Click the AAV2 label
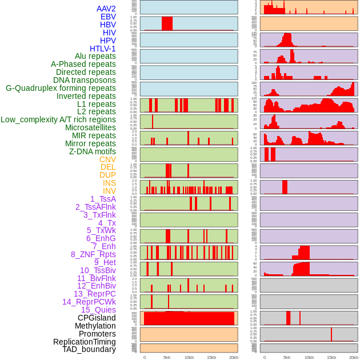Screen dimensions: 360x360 [106, 9]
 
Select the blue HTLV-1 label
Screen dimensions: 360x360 [102, 49]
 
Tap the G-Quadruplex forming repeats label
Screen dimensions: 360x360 [61, 88]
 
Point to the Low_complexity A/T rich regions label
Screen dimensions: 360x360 [58, 119]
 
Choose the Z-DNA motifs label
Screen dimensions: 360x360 [92, 151]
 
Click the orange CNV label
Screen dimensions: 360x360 [107, 159]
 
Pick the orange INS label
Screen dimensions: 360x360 [109, 183]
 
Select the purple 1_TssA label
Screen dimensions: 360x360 [103, 199]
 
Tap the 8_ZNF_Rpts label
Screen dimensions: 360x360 [93, 254]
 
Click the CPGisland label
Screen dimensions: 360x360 [97, 318]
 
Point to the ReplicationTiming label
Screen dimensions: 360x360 [85, 342]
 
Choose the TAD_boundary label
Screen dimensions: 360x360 [89, 349]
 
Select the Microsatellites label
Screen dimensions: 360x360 [90, 127]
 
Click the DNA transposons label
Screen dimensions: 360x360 [85, 80]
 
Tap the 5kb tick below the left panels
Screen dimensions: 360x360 [167, 357]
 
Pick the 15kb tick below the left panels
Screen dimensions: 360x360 [211, 357]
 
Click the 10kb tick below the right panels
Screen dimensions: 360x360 [309, 357]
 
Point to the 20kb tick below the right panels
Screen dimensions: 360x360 [354, 357]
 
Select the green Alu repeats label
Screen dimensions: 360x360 [95, 56]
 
